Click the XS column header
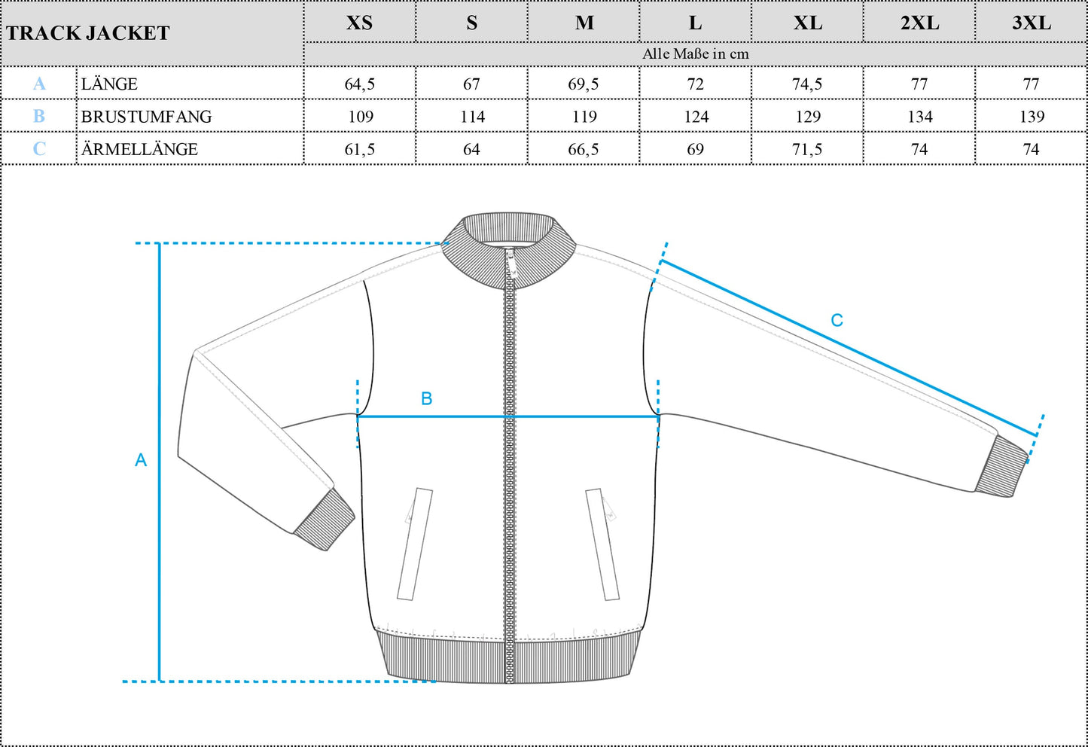pos(359,23)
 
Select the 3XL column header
pos(1032,23)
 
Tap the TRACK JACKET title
pos(88,33)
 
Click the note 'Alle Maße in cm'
pos(696,54)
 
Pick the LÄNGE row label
pos(109,84)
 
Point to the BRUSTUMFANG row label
pos(146,117)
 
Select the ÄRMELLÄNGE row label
pos(139,148)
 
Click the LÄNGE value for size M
pos(584,84)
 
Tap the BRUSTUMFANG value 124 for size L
pos(696,117)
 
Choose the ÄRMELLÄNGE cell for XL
pos(807,149)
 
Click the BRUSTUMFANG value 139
pos(1032,117)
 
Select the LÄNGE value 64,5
pos(359,84)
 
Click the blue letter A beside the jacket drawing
pos(140,460)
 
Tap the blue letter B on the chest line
pos(426,399)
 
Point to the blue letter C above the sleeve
pos(837,320)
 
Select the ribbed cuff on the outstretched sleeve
pos(1001,465)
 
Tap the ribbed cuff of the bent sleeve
pos(325,519)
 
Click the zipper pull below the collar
pos(510,265)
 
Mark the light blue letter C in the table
pos(39,148)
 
